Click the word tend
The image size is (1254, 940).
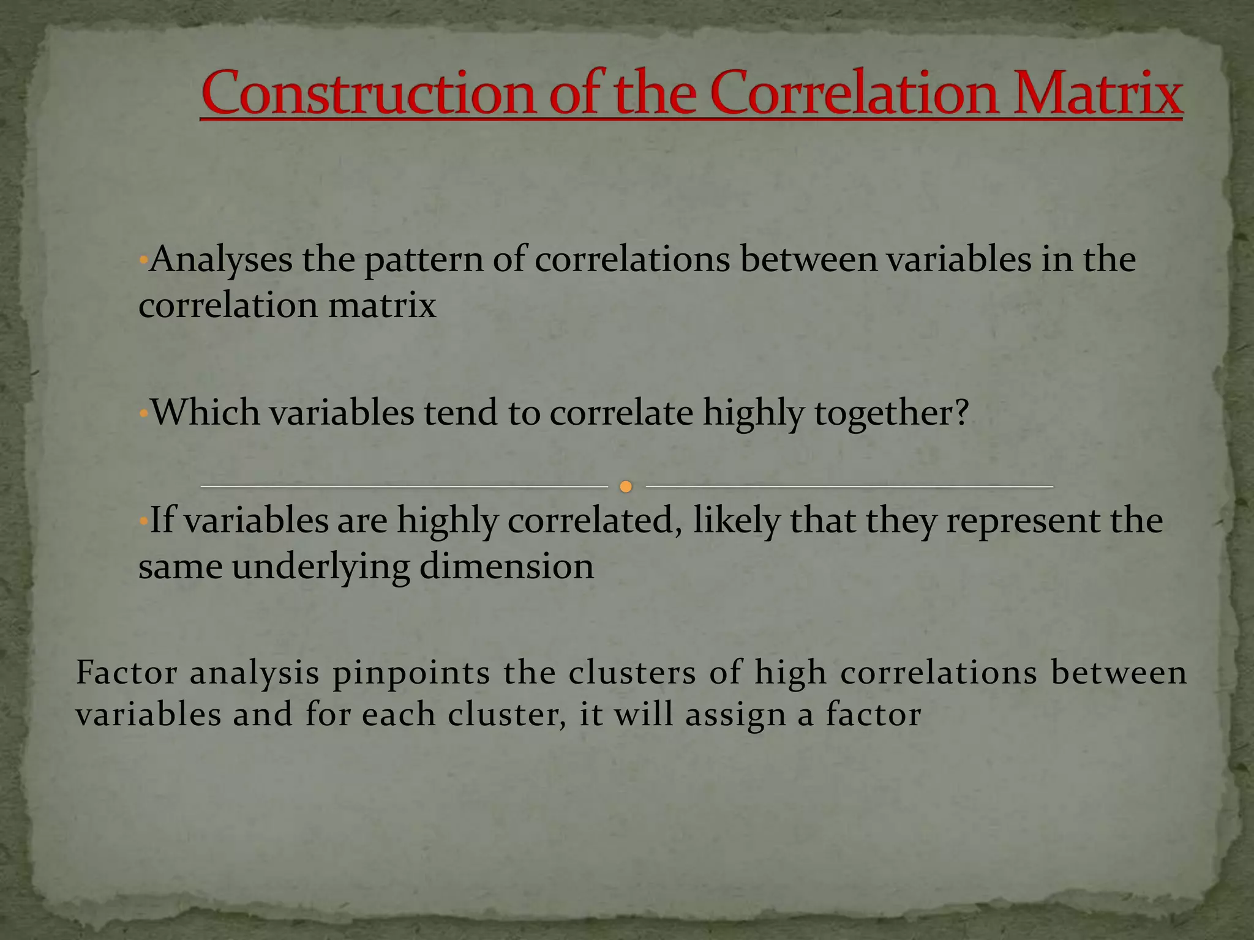click(x=460, y=412)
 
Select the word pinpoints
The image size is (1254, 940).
click(x=411, y=673)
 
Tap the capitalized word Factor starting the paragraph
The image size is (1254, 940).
click(x=126, y=673)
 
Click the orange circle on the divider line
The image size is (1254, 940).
click(x=625, y=487)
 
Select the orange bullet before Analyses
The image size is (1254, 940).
click(x=143, y=259)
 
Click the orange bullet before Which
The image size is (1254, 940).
click(x=143, y=413)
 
